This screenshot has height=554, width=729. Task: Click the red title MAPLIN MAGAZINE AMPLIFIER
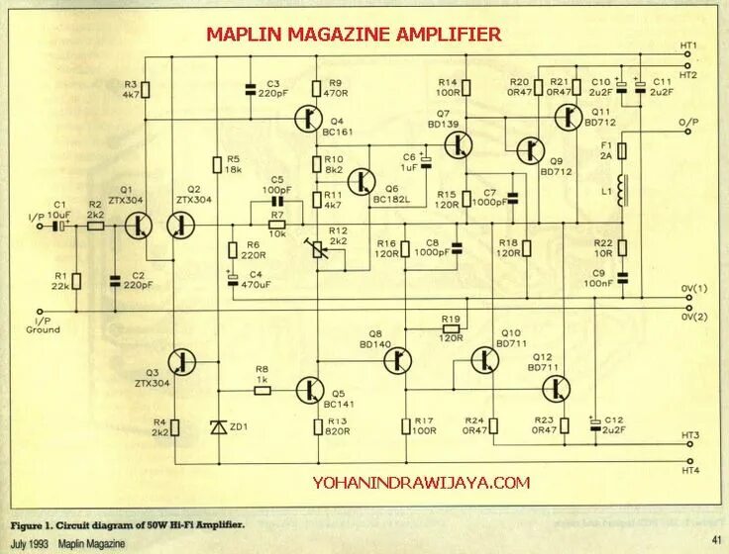click(x=354, y=35)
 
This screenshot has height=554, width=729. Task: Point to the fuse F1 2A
click(x=622, y=151)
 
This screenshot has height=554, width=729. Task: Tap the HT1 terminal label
click(x=689, y=46)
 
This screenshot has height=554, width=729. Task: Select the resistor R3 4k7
click(x=146, y=89)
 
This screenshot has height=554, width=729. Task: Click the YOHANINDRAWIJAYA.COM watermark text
click(x=421, y=483)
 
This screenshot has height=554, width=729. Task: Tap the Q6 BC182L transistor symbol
click(x=364, y=182)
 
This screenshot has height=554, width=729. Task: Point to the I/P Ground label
click(x=47, y=324)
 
